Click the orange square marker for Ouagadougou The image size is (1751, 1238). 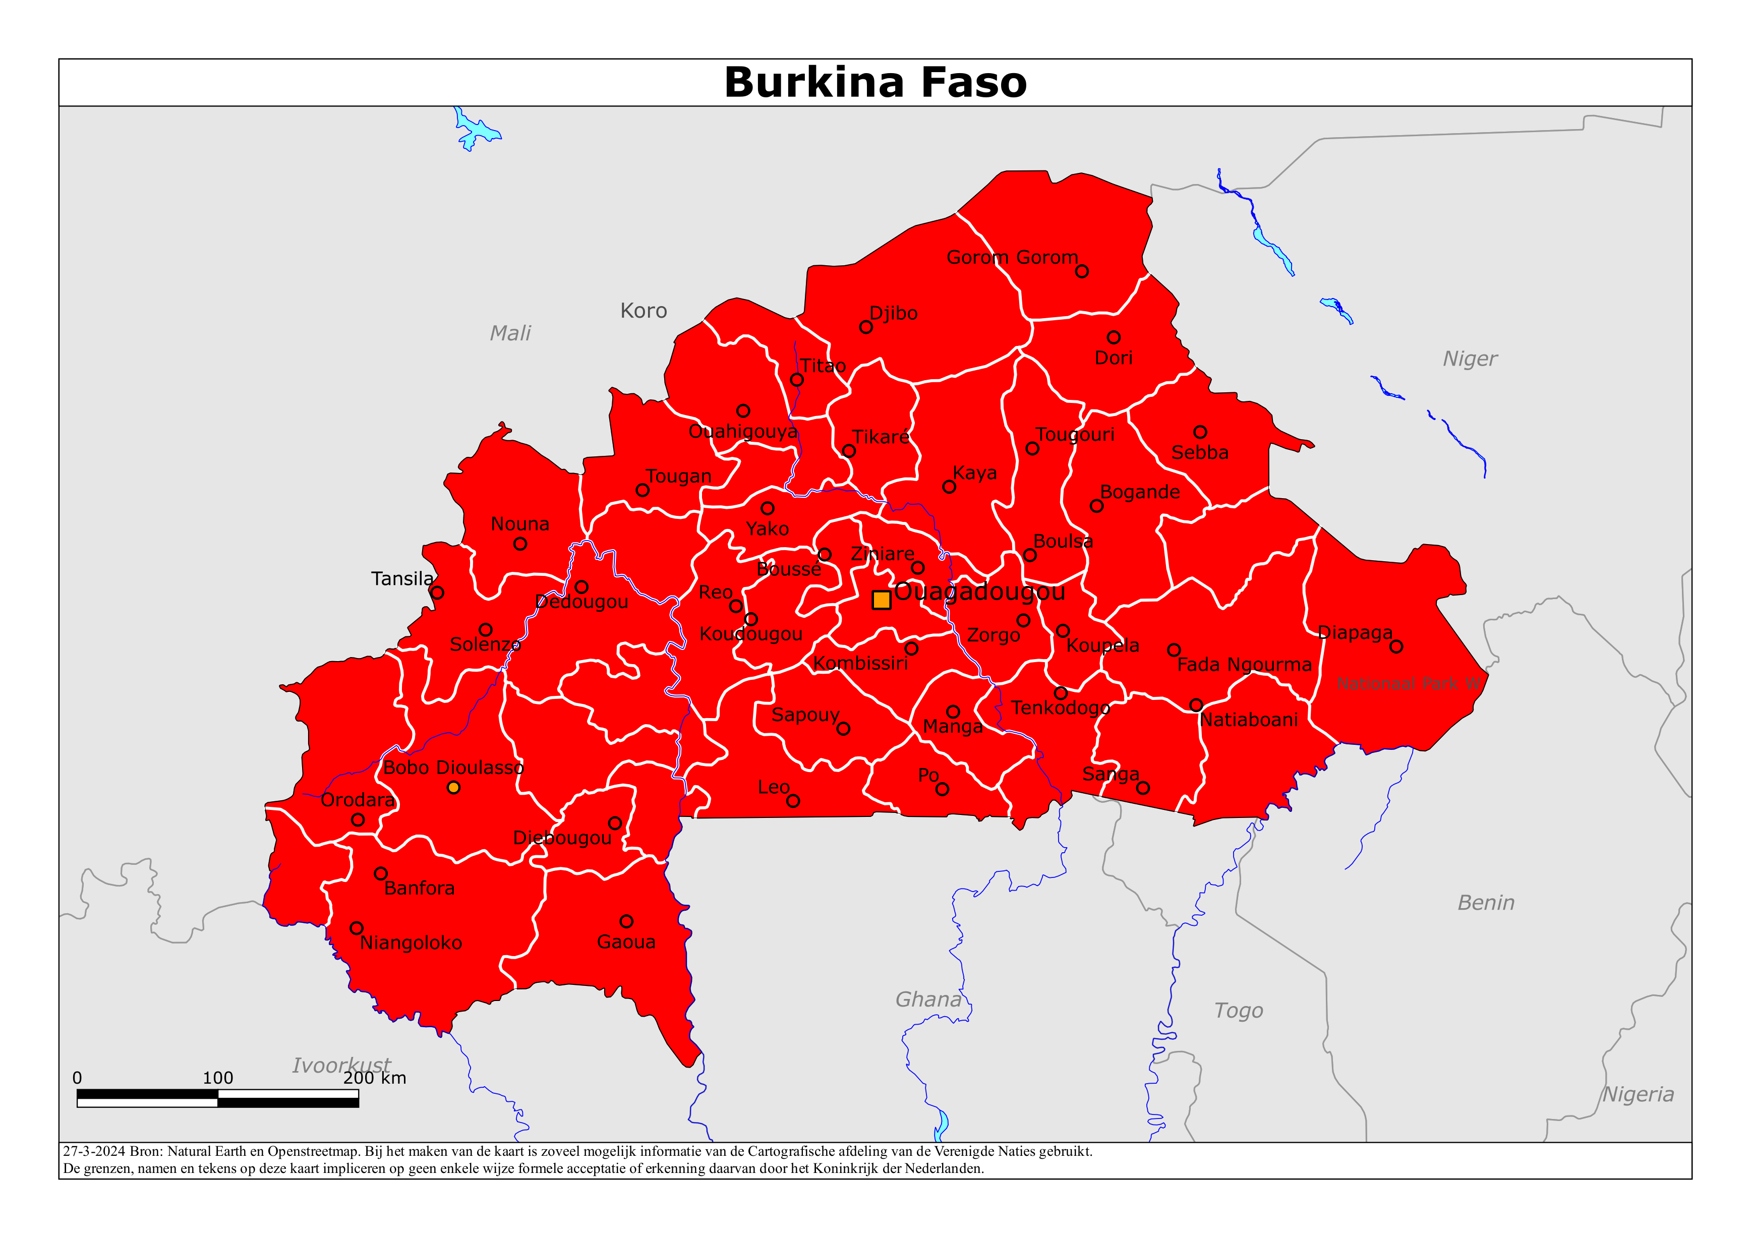881,600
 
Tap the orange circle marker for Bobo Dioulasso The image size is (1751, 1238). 453,787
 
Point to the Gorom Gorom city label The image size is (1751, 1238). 1012,257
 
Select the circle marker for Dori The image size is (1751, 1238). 1114,337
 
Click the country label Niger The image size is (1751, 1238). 1470,359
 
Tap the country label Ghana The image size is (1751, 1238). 928,999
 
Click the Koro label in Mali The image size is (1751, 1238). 643,311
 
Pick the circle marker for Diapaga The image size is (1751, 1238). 1396,647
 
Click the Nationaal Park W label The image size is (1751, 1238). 1409,683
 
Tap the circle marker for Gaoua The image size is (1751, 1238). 626,921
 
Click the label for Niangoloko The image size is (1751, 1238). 411,943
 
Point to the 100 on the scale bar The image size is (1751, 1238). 217,1078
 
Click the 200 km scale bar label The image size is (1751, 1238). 374,1078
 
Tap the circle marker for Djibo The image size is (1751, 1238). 865,327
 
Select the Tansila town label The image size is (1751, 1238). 402,579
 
